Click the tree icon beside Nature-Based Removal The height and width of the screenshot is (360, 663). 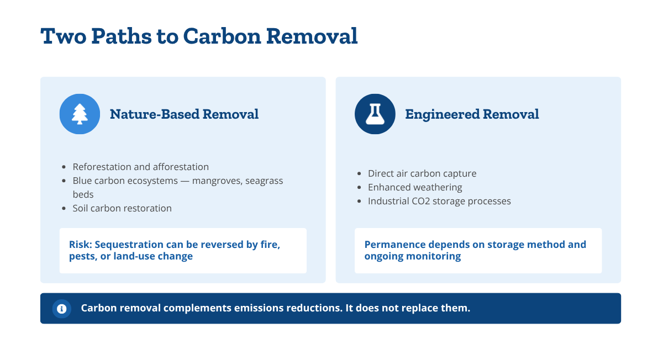[x=80, y=114]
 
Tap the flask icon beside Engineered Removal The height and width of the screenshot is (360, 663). [x=375, y=114]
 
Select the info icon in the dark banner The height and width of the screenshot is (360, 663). [x=61, y=309]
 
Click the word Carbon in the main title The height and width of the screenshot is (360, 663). [x=222, y=36]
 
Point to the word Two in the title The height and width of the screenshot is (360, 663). [x=64, y=36]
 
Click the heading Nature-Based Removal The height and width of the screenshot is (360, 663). [x=184, y=114]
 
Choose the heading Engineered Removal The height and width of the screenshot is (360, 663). [x=472, y=114]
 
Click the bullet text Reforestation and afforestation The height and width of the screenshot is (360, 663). [x=140, y=167]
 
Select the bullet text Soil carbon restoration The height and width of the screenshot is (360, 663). [x=122, y=208]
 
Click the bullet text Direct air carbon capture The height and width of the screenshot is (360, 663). [x=422, y=173]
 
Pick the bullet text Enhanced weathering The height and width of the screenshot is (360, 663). [x=415, y=187]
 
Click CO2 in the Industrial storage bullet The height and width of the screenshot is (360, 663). [x=418, y=201]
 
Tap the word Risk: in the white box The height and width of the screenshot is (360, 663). [x=81, y=245]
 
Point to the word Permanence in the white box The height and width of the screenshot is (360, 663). [x=387, y=245]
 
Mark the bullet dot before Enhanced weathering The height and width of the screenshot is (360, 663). [x=359, y=188]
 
